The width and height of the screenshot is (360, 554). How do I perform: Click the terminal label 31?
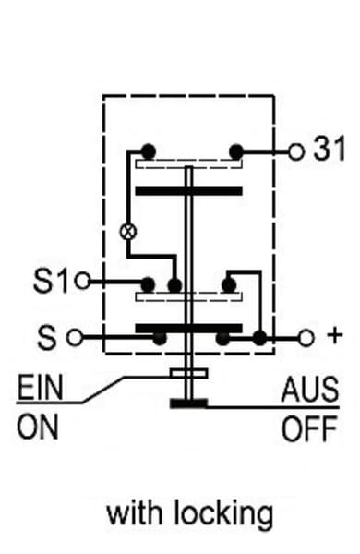point(330,149)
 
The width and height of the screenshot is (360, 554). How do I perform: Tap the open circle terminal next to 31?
point(296,152)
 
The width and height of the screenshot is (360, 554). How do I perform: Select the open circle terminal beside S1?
point(83,282)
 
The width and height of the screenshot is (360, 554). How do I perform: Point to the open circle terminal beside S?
point(75,337)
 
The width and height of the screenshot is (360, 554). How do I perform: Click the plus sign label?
point(334,335)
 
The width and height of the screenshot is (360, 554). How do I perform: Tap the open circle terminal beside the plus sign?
point(306,338)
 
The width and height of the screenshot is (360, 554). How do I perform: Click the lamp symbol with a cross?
point(128,232)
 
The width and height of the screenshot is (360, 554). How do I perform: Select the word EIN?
point(41,387)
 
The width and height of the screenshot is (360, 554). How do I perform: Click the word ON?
point(38,427)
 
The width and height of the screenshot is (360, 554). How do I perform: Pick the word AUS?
point(310,390)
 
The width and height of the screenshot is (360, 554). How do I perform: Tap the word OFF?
point(309,429)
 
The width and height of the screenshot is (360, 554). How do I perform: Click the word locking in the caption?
point(224,513)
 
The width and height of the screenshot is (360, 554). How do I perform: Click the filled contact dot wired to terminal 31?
point(236,152)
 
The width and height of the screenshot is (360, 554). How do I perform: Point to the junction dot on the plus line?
point(260,338)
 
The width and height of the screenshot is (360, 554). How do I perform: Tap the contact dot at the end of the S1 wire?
point(148,284)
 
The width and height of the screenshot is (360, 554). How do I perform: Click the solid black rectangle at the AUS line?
point(188,403)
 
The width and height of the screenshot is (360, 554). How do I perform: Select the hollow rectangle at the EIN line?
point(188,373)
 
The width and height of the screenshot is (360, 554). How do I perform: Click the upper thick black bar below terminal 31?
point(189,191)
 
